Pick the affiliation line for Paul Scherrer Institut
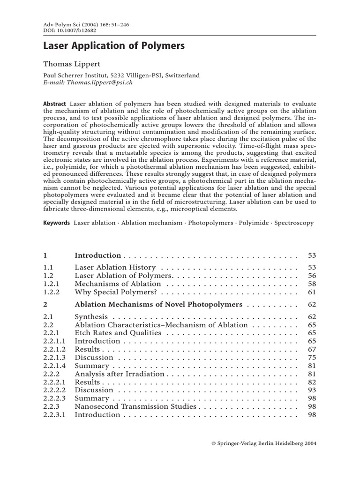point(121,75)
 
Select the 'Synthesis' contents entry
point(91,317)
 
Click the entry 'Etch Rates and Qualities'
point(118,333)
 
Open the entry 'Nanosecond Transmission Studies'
point(135,406)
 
